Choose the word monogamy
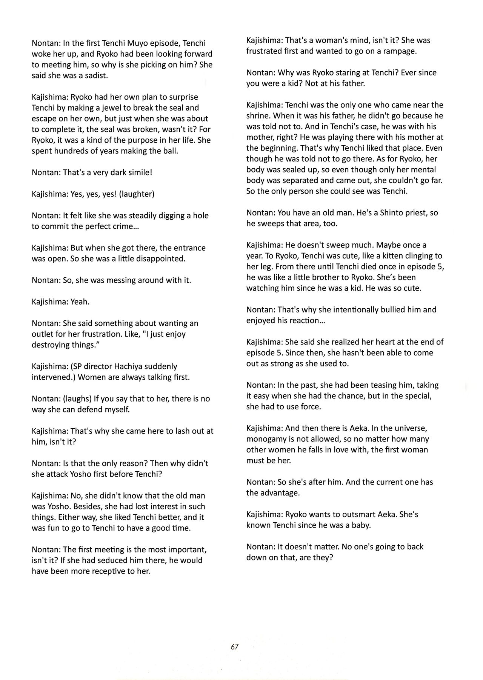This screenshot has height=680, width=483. (x=267, y=439)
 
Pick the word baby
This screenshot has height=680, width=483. (x=361, y=525)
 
